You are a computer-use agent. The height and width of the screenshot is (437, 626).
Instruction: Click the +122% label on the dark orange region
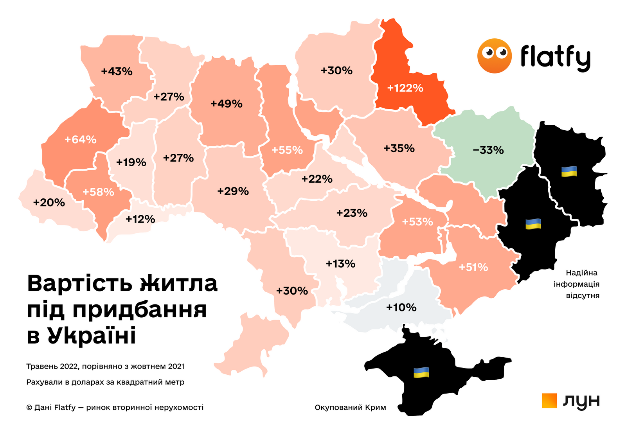coord(405,88)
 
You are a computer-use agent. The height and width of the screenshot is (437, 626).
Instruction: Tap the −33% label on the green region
coord(488,150)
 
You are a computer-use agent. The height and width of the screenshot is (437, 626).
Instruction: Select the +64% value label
coord(80,140)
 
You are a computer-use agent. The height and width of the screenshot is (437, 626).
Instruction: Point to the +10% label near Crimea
coord(401,308)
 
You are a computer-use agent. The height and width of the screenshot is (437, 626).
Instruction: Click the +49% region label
coord(226,104)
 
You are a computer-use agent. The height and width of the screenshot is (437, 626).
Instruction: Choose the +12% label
coord(140,219)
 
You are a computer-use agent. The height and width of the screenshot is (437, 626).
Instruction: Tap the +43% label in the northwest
coord(117,72)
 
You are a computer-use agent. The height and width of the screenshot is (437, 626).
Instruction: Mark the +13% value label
coord(340,264)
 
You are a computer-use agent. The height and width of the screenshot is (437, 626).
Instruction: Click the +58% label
coord(98,192)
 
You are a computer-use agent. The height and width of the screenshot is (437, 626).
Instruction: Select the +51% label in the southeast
coord(473,267)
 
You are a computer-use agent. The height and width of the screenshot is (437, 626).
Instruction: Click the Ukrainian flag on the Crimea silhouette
coord(421,372)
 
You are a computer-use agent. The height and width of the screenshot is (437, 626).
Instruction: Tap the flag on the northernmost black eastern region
coord(569,171)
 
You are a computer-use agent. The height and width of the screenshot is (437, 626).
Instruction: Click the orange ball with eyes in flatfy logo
coord(494,56)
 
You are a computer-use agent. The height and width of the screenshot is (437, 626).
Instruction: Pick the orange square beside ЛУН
coord(549,401)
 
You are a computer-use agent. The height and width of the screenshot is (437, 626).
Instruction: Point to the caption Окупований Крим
coord(350,408)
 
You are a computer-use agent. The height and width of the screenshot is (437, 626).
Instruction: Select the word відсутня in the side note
coord(583,295)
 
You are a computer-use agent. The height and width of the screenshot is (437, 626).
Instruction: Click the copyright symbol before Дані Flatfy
coord(29,408)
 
